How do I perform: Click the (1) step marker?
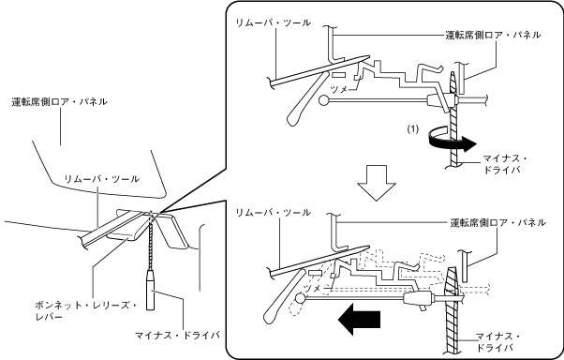(413, 128)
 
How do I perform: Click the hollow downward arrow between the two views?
(377, 183)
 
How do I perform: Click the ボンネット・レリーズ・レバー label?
(85, 311)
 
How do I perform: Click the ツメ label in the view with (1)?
(338, 90)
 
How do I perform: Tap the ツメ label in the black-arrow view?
(311, 288)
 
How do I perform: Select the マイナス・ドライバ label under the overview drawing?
(177, 336)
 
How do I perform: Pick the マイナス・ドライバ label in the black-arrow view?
(497, 342)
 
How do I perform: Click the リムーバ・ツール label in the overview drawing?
(102, 179)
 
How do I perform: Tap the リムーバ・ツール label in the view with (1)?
(273, 22)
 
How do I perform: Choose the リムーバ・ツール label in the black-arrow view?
(273, 213)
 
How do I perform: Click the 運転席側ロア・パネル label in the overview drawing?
(59, 102)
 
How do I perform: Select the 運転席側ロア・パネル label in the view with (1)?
(493, 35)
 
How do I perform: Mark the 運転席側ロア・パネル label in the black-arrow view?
(498, 223)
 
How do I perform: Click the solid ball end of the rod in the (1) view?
(325, 100)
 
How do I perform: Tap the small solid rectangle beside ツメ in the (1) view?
(338, 75)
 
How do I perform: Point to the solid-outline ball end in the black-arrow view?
(301, 298)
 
